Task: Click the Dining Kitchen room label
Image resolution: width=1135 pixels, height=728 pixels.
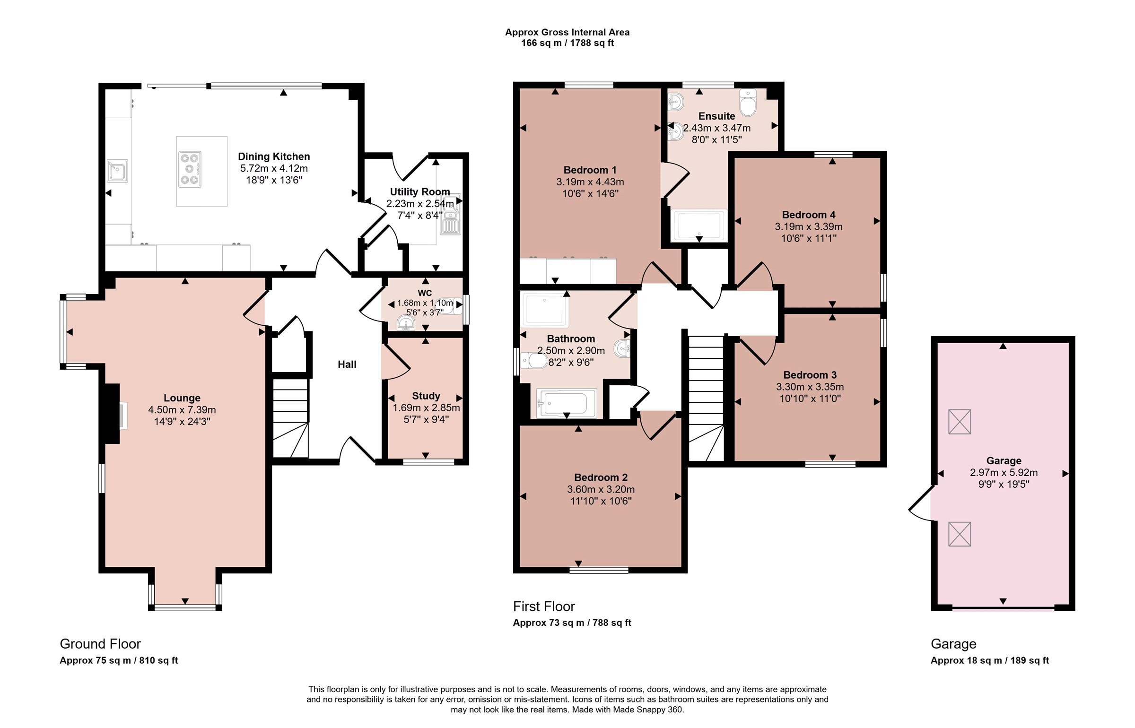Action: tap(274, 156)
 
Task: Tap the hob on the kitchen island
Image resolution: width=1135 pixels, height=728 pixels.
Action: tap(190, 168)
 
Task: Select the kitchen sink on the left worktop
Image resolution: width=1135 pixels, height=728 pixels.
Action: tap(117, 171)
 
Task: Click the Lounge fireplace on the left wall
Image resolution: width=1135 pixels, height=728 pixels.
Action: tap(112, 414)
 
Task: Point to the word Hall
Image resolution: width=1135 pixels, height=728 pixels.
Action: tap(347, 364)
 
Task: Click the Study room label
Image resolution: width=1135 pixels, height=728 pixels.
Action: tap(426, 396)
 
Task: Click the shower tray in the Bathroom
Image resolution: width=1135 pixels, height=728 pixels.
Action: tap(544, 310)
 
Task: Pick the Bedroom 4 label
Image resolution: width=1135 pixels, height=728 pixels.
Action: tap(809, 215)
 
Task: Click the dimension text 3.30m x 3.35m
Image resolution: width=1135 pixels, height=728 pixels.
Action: tap(810, 387)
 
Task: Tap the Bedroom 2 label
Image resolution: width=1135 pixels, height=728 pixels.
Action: tap(601, 477)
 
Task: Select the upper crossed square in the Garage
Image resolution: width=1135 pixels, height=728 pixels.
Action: tap(960, 422)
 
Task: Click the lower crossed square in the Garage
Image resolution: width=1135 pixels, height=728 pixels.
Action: tap(960, 534)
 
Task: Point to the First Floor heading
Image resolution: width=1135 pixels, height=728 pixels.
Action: tap(544, 607)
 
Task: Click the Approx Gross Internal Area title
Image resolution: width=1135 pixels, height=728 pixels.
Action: tap(567, 32)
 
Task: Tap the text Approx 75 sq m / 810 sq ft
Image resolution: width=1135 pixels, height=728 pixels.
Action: tap(119, 660)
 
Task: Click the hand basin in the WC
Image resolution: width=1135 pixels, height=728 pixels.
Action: tap(406, 323)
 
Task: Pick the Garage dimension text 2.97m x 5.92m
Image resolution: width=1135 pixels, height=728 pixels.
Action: tap(1004, 472)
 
